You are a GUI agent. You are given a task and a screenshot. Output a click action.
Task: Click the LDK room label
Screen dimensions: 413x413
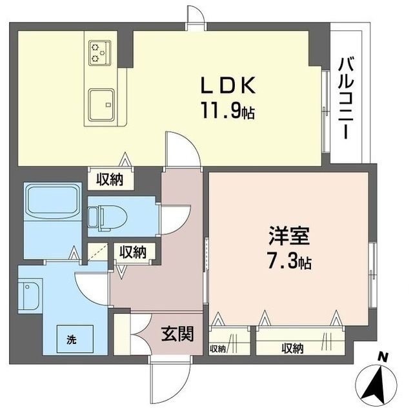click(x=228, y=85)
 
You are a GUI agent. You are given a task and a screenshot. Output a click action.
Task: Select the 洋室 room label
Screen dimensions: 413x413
click(x=289, y=236)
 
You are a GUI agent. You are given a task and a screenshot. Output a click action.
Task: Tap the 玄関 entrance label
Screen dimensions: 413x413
click(x=177, y=334)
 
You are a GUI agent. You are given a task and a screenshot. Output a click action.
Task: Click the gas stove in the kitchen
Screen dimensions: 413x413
click(x=99, y=52)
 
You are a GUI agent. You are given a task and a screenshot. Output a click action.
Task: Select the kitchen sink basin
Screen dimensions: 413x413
click(x=101, y=105)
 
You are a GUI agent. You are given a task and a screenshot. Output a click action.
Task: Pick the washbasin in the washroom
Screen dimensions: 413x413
click(x=30, y=296)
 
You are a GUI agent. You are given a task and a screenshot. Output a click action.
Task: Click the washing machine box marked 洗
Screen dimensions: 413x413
click(x=75, y=339)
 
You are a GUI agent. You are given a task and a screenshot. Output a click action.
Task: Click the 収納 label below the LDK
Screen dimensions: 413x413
click(x=110, y=180)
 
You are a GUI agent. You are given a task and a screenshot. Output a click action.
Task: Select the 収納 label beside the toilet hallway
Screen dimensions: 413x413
click(x=133, y=252)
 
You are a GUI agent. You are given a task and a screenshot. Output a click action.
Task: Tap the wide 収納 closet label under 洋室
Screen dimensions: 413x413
click(x=292, y=348)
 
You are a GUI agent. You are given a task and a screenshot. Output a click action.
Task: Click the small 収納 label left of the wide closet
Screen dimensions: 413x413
click(x=217, y=349)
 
